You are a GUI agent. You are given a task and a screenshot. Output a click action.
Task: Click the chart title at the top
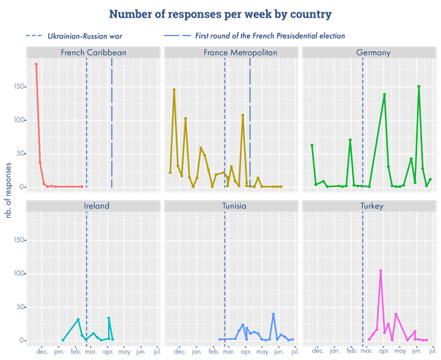coord(220,14)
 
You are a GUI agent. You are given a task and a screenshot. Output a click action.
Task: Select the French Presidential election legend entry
coord(270,36)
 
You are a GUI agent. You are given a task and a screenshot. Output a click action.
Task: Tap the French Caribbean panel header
coord(93,52)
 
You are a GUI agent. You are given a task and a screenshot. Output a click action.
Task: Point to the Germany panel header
coord(369,52)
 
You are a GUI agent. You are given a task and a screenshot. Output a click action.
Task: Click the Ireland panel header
coord(93,206)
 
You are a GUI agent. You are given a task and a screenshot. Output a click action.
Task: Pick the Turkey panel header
coord(369,206)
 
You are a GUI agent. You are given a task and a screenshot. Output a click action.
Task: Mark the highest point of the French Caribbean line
coord(36,65)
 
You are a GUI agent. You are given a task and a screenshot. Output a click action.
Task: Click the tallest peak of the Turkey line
coord(380,271)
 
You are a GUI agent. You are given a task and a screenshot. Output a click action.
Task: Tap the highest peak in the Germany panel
coord(418,87)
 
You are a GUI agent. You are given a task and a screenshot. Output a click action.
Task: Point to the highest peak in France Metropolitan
coord(173,90)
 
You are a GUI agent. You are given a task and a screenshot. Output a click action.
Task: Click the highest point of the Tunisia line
coord(273,314)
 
